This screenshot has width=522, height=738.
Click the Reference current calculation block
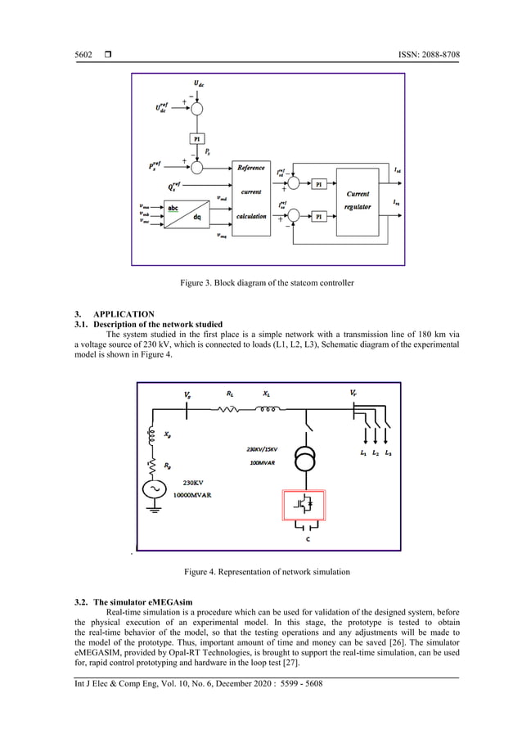coord(251,192)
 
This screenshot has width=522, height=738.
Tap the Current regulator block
coord(358,200)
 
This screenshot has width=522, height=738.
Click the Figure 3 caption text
coord(261,283)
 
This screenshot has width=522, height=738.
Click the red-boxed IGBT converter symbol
coord(304,503)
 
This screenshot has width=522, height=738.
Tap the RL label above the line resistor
coord(230,394)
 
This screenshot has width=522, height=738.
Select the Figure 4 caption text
coord(261,572)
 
